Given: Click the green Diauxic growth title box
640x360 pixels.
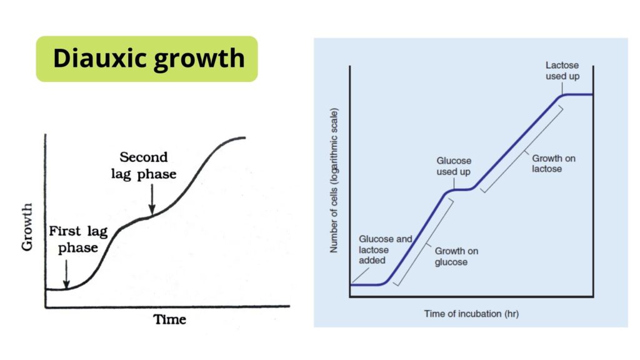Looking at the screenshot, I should (147, 59).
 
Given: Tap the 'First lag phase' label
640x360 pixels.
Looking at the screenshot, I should (78, 239).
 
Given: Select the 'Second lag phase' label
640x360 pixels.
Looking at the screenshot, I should (148, 165).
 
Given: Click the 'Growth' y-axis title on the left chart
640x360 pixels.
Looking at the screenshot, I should (27, 226).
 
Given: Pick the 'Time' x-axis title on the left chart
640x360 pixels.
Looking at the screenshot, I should (169, 319).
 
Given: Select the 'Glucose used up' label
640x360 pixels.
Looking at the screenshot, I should (454, 166).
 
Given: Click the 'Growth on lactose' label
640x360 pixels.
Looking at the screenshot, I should (554, 163).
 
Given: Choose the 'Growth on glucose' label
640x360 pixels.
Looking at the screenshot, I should (456, 256).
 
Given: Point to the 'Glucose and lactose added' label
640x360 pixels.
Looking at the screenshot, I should (386, 249).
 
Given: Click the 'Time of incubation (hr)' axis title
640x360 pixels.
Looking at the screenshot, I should (471, 313).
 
